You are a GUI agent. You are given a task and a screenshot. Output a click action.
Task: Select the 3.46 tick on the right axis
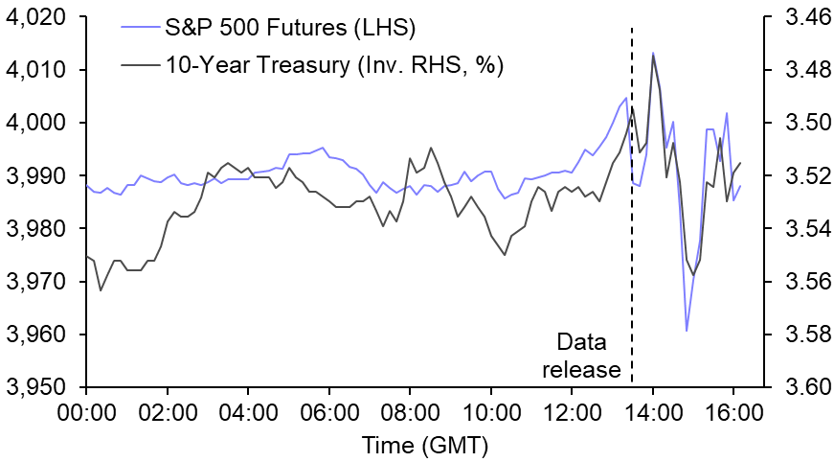click(x=796, y=18)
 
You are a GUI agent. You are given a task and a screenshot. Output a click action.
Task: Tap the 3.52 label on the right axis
click(x=796, y=176)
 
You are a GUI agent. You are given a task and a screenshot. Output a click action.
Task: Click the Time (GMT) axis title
click(x=424, y=446)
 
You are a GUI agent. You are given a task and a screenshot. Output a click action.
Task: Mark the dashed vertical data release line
click(x=632, y=240)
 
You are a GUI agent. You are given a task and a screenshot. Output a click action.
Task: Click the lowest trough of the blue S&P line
click(x=687, y=331)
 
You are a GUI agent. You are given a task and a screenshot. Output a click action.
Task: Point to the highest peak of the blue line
click(x=653, y=53)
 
